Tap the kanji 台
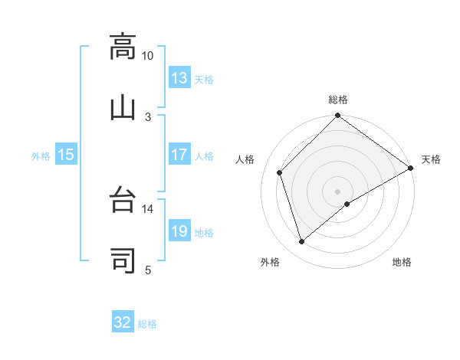(123, 201)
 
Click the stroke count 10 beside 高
(148, 56)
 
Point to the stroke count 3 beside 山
(148, 116)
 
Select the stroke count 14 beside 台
(148, 208)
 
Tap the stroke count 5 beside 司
(148, 269)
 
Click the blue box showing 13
(179, 78)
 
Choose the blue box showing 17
(179, 155)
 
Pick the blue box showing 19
(179, 231)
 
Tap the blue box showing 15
(66, 155)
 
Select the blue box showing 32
(123, 322)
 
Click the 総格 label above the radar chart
(338, 100)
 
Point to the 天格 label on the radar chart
(431, 159)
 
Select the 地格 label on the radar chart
(402, 262)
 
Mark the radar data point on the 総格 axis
(337, 117)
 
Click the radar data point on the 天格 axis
(411, 168)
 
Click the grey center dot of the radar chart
(337, 191)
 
